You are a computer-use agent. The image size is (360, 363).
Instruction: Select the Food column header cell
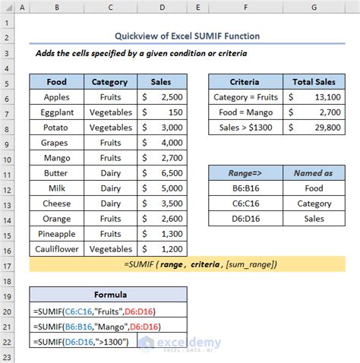[56, 82]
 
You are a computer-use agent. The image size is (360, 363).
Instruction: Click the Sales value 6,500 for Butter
[163, 173]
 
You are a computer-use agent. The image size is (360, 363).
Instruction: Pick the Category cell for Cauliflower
[109, 249]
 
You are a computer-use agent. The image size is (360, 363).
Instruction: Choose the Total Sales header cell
[313, 82]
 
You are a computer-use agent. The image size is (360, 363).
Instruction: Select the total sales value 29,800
[313, 128]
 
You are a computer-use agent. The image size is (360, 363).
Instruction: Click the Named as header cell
[313, 173]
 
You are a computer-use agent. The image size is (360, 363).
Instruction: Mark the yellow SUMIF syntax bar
[187, 264]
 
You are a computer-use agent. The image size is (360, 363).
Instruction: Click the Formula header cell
[109, 295]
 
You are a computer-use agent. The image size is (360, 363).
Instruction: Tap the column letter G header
[313, 8]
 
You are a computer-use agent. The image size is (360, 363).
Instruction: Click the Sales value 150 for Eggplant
[163, 112]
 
